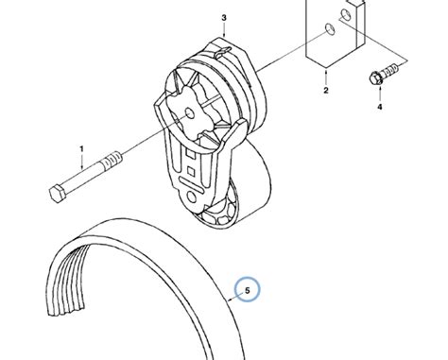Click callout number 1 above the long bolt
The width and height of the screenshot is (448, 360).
[81, 148]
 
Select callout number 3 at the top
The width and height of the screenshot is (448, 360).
[224, 18]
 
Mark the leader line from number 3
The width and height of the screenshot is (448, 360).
[225, 29]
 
